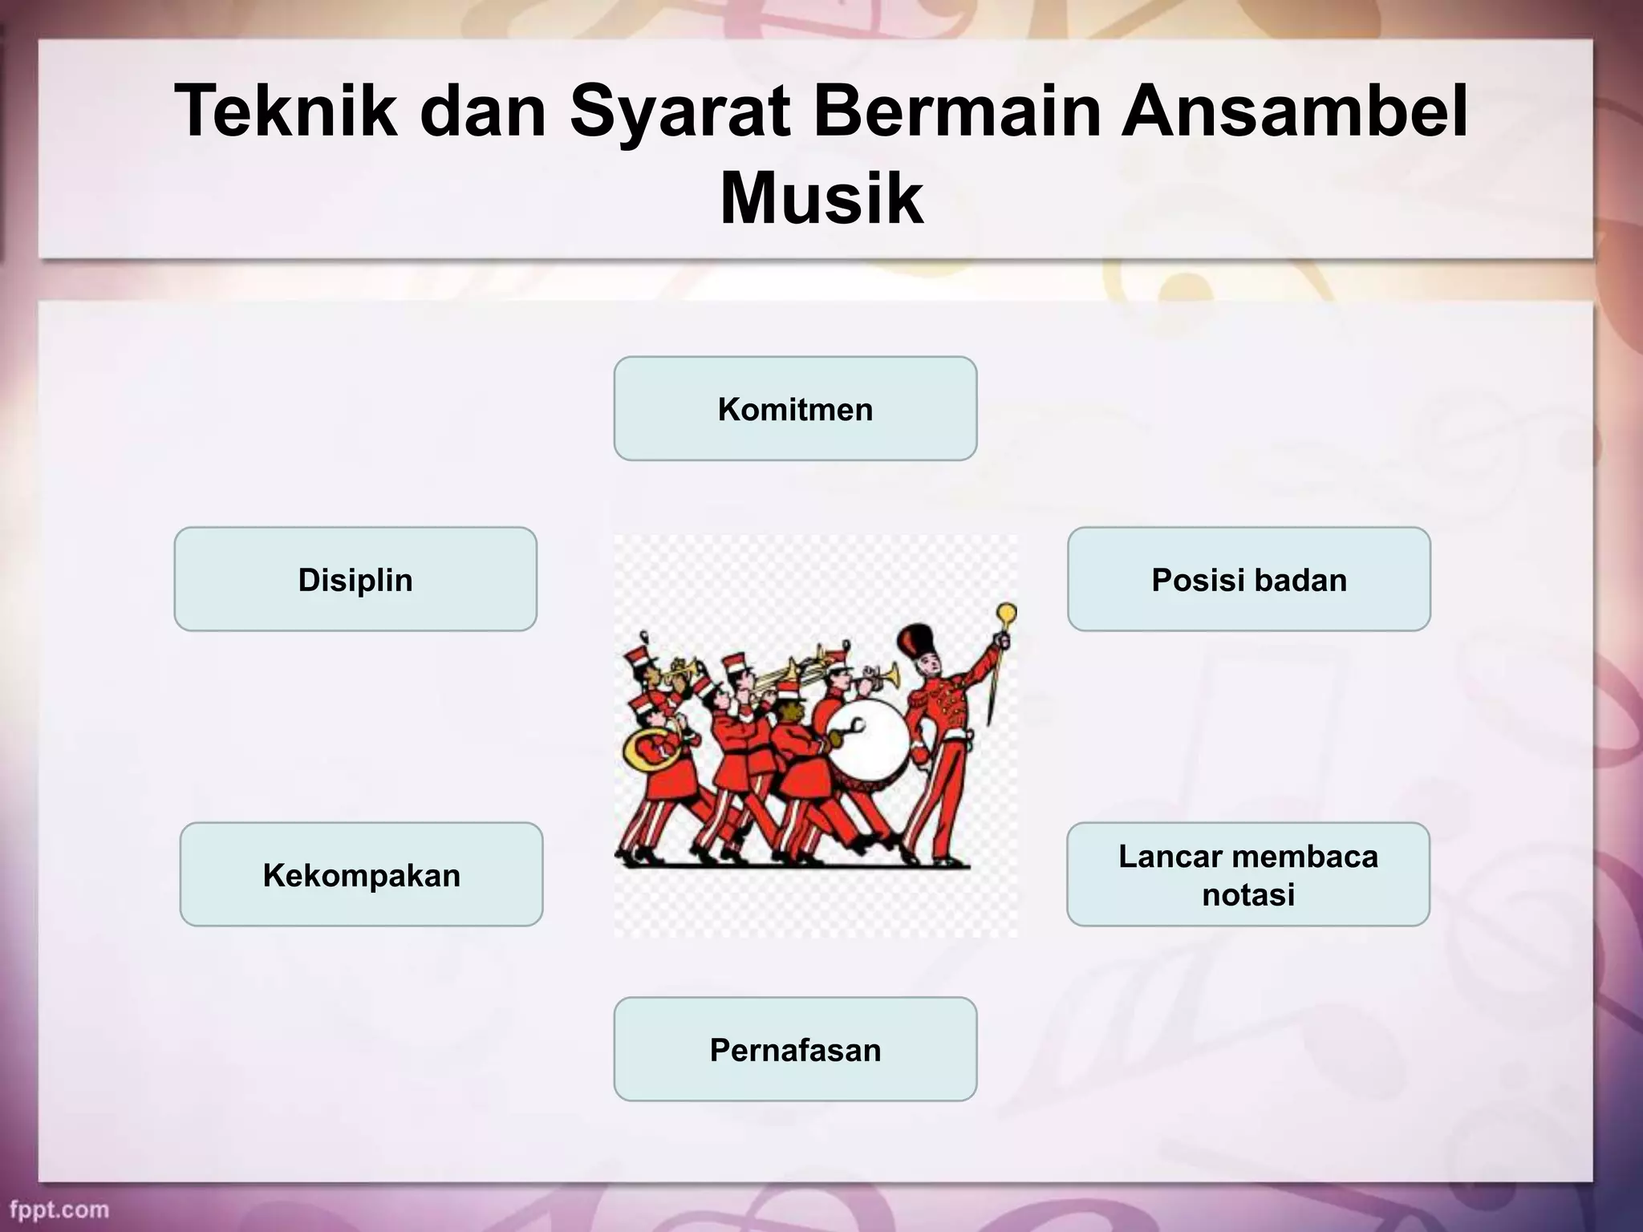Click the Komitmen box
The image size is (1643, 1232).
pos(795,409)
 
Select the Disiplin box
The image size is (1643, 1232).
pos(355,580)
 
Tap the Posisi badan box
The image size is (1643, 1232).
pos(1248,580)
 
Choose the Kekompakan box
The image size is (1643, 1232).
pos(361,875)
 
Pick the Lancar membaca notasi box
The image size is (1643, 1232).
pos(1247,875)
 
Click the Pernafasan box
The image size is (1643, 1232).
pos(795,1050)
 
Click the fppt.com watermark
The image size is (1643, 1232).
pos(59,1210)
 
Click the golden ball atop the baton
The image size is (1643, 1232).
pos(1007,614)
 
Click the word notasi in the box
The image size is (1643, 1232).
pos(1247,894)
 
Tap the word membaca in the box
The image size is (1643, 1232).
pos(1302,857)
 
